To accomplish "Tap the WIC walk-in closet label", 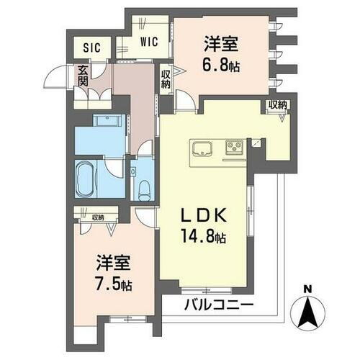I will [150, 42].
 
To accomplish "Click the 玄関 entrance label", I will [84, 75].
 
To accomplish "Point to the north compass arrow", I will [307, 312].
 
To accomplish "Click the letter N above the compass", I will [307, 291].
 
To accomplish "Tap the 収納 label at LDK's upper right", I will [278, 106].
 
